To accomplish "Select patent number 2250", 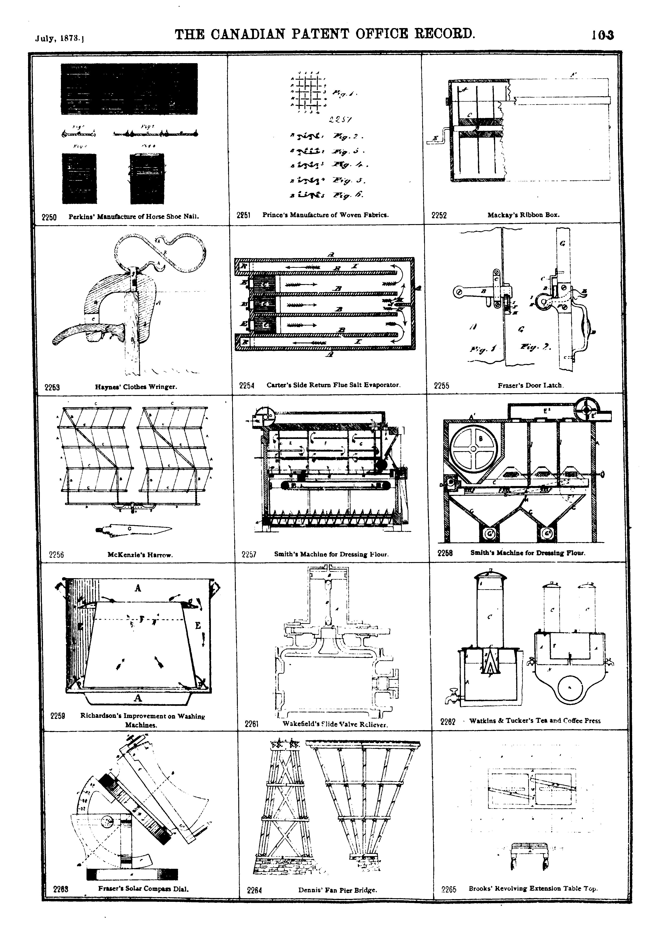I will [x=49, y=217].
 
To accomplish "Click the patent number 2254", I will [x=246, y=385].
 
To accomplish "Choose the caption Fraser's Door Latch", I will [x=530, y=385].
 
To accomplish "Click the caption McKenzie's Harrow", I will [x=140, y=555].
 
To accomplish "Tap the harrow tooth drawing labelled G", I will [x=134, y=529].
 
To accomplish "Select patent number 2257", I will [x=249, y=554].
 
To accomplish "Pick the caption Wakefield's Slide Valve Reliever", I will [x=335, y=724].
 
